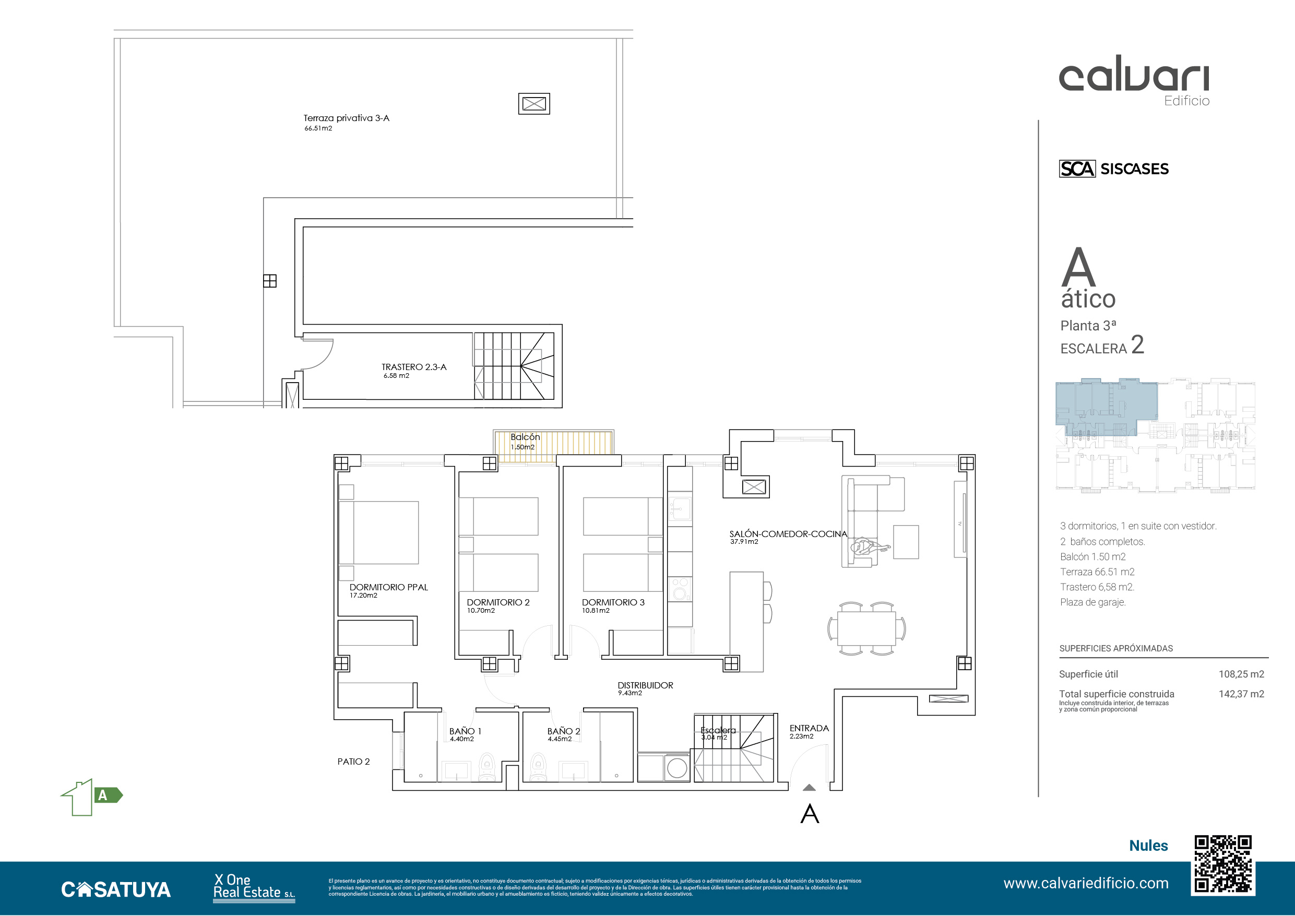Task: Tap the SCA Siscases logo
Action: pos(1114,169)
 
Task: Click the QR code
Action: pos(1223,865)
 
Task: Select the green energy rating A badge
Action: pos(92,797)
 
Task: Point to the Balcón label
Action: pos(525,437)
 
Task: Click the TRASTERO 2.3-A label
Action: pos(414,367)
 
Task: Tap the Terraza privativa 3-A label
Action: pos(346,118)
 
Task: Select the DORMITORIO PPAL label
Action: pos(389,587)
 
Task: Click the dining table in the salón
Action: pos(866,628)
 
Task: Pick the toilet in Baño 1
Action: pos(487,767)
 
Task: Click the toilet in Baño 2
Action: pos(539,767)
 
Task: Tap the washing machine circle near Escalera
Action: pos(677,768)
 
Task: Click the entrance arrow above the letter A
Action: pos(809,788)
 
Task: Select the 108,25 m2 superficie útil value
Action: pos(1241,674)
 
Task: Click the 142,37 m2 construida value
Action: pos(1241,694)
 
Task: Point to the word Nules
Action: pos(1148,846)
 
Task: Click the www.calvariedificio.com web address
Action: pos(1086,883)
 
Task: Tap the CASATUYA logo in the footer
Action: pos(116,889)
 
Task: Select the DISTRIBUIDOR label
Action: pos(645,685)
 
